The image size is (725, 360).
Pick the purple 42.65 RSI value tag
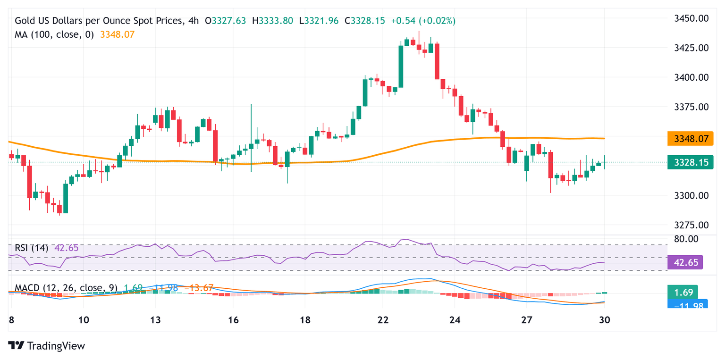685,262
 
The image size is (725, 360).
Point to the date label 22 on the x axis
383,320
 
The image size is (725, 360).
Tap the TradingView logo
47,346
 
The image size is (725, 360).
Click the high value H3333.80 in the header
273,21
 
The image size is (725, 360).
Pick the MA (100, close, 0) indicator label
55,34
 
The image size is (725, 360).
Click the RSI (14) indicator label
32,248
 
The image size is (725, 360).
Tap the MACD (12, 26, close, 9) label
66,288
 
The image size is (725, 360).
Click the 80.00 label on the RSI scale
686,239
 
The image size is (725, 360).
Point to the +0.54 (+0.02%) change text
423,21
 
